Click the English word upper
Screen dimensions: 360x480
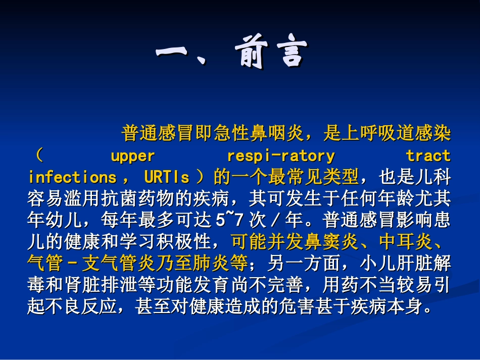[x=132, y=156]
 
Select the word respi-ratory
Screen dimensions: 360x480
[x=281, y=156]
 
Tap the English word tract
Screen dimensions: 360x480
[x=428, y=156]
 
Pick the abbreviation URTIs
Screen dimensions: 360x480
[x=167, y=177]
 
